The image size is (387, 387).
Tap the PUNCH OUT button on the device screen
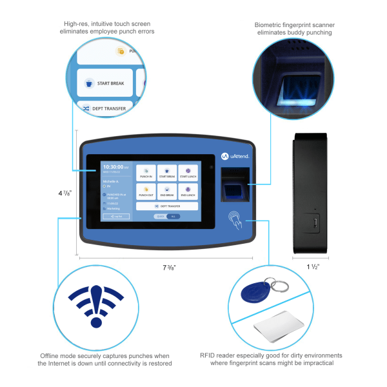(x=146, y=191)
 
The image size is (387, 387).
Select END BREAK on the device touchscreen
(x=167, y=191)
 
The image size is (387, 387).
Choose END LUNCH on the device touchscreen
(x=188, y=191)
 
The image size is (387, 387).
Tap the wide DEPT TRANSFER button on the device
(x=166, y=206)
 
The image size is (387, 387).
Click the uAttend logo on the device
(x=235, y=155)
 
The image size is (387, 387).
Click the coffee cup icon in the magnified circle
(x=89, y=83)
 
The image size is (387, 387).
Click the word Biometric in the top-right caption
(x=269, y=25)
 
